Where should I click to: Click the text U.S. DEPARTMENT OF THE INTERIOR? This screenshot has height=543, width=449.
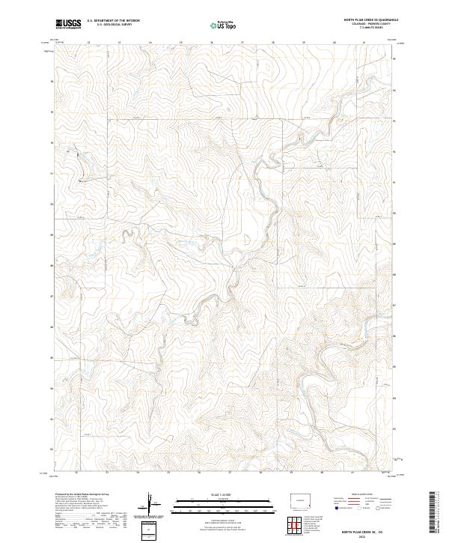click(x=114, y=21)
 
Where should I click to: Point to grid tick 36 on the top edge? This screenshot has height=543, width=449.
click(x=211, y=43)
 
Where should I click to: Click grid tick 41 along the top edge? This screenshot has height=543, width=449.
click(x=364, y=43)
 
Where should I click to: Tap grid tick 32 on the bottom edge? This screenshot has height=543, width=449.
click(x=77, y=473)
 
